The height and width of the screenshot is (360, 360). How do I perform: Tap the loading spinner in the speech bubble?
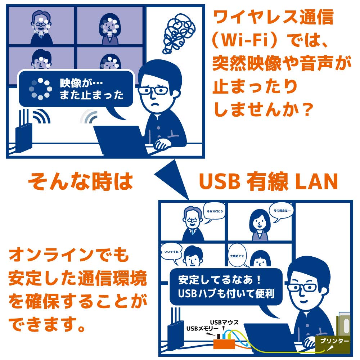(39, 89)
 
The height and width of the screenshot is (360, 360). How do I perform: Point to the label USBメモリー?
(202, 328)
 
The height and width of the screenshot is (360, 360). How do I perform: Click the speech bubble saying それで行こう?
(214, 212)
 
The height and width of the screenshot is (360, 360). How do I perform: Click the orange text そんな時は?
(80, 181)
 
